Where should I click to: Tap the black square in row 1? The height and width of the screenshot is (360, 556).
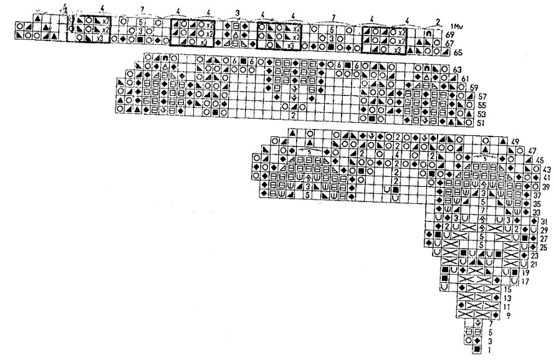(x=477, y=350)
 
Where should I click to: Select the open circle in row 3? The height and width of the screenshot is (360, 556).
(x=470, y=341)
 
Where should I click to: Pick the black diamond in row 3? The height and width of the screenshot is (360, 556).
(x=477, y=341)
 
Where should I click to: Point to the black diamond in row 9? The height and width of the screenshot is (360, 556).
(x=463, y=315)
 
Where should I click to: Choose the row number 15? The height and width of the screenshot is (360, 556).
(x=508, y=290)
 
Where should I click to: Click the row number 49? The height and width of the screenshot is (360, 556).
(x=515, y=143)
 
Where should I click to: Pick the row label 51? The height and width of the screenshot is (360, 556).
(x=480, y=124)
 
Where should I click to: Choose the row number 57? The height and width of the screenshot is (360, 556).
(x=480, y=97)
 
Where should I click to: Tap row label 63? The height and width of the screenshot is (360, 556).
(x=456, y=69)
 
